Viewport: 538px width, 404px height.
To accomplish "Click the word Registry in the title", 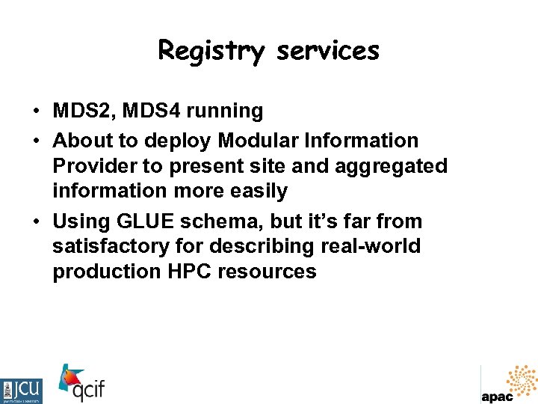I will click(x=211, y=51).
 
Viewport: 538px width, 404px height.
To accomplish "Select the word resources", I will click(x=267, y=272).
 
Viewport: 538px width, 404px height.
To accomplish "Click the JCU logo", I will click(x=22, y=391).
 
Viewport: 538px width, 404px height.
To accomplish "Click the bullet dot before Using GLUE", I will click(x=36, y=222).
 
